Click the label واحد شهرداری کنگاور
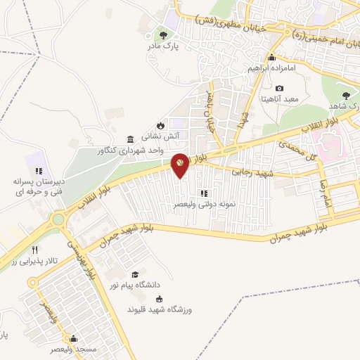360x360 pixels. pyautogui.click(x=155, y=150)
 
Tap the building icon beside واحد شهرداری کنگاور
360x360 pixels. pyautogui.click(x=130, y=139)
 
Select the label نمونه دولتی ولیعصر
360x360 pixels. pyautogui.click(x=204, y=205)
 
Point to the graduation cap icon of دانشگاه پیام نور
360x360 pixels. pyautogui.click(x=134, y=274)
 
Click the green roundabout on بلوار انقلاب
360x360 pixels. pyautogui.click(x=58, y=219)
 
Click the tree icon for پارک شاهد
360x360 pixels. pyautogui.click(x=345, y=95)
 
